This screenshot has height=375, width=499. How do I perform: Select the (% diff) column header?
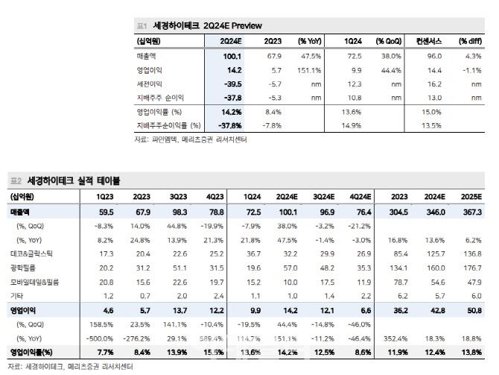tap(469, 40)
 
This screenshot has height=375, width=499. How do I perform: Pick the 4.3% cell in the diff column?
tap(473, 55)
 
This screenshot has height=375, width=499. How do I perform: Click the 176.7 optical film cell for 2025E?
tap(473, 268)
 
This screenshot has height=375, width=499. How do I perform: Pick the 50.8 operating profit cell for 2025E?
tap(474, 309)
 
